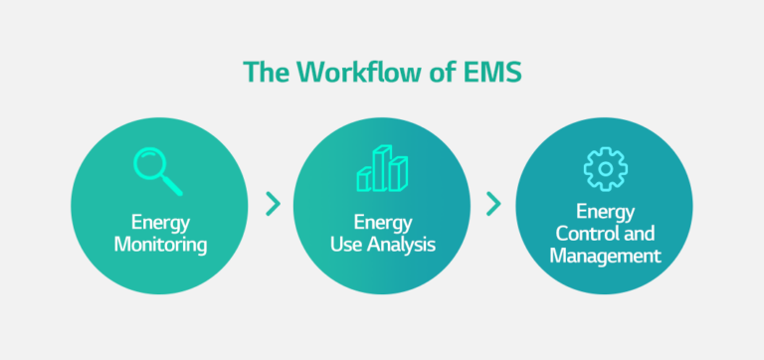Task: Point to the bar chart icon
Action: coord(382,169)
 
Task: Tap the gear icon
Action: coord(605,169)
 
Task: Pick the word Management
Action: coord(605,257)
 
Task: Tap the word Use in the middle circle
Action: coord(344,243)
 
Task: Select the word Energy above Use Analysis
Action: coord(382,221)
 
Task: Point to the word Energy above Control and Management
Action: coord(605,213)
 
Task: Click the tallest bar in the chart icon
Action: coord(383,166)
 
